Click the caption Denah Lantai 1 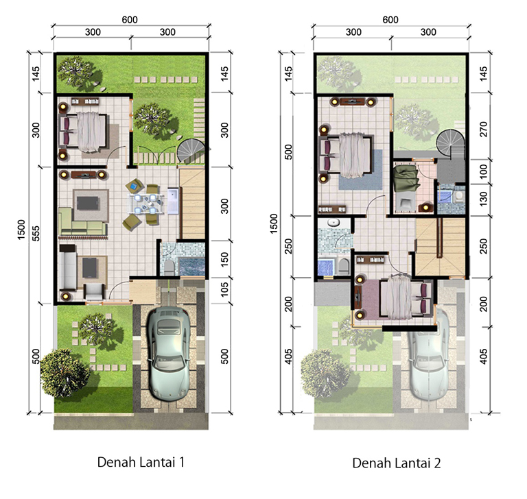[x=141, y=462]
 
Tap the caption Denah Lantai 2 [x=396, y=463]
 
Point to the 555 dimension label [x=36, y=233]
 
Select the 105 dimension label [x=224, y=289]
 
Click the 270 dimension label [x=483, y=129]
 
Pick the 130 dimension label [x=483, y=199]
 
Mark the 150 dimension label [x=224, y=259]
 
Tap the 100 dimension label [x=483, y=171]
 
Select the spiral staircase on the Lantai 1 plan [x=191, y=151]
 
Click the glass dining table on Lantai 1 [x=146, y=204]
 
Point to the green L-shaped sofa [x=82, y=221]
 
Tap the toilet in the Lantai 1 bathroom [x=169, y=267]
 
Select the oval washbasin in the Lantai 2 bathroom [x=333, y=223]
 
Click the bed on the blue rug [x=346, y=155]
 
